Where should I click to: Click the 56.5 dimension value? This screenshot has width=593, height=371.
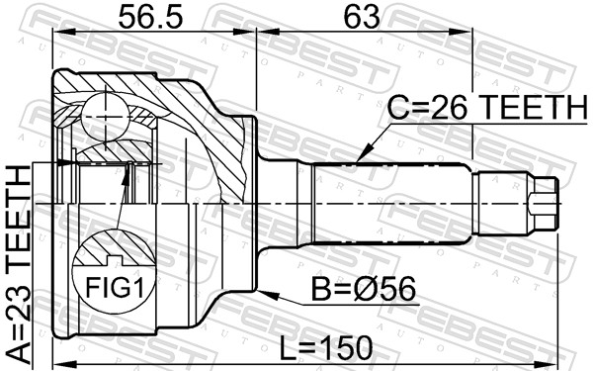tap(150, 18)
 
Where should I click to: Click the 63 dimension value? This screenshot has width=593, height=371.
tap(362, 18)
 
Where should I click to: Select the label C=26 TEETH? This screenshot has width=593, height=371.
tap(487, 107)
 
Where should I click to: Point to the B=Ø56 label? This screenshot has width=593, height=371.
tap(364, 289)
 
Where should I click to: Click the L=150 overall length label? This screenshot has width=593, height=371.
tap(325, 348)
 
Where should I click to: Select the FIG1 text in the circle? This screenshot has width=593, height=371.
tap(115, 287)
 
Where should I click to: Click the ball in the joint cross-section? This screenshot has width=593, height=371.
tap(105, 118)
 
